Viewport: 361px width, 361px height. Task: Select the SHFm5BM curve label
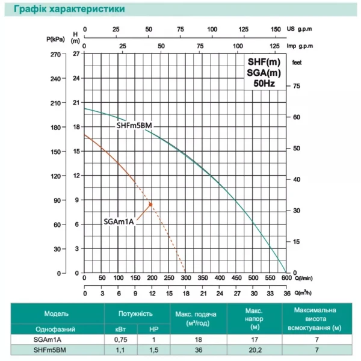[138, 125]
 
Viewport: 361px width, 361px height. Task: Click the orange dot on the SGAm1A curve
[150, 205]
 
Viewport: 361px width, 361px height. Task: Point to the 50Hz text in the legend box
[264, 84]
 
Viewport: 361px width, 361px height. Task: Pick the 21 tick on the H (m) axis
[76, 103]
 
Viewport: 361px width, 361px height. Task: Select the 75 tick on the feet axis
[295, 87]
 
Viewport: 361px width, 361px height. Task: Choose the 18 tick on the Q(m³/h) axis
[186, 293]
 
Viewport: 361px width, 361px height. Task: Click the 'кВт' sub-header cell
[120, 329]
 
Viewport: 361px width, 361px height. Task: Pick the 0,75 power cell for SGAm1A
[120, 340]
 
